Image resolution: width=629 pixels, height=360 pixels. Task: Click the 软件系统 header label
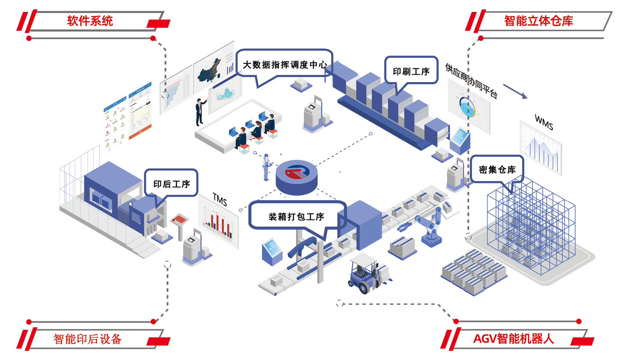tap(90, 21)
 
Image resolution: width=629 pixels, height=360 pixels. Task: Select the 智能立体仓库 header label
tap(538, 21)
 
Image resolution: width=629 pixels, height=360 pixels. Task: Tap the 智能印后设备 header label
tap(87, 339)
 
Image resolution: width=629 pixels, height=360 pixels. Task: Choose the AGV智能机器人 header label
tap(513, 339)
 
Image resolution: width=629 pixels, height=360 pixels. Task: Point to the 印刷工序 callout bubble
tap(411, 71)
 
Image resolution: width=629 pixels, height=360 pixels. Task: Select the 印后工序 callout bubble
tap(171, 184)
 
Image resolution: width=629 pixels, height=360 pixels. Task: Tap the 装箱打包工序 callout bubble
tap(296, 216)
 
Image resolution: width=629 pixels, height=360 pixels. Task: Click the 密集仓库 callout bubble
tap(497, 170)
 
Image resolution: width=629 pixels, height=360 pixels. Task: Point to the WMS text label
tap(544, 122)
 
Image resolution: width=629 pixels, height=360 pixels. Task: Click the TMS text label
tap(220, 200)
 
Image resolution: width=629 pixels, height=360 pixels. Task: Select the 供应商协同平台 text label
tap(471, 80)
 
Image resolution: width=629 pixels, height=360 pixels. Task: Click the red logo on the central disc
tap(296, 172)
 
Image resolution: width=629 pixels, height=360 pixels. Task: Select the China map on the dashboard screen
tap(209, 71)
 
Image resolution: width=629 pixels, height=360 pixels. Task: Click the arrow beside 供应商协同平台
tap(515, 91)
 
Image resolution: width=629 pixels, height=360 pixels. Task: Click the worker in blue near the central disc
tap(266, 167)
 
